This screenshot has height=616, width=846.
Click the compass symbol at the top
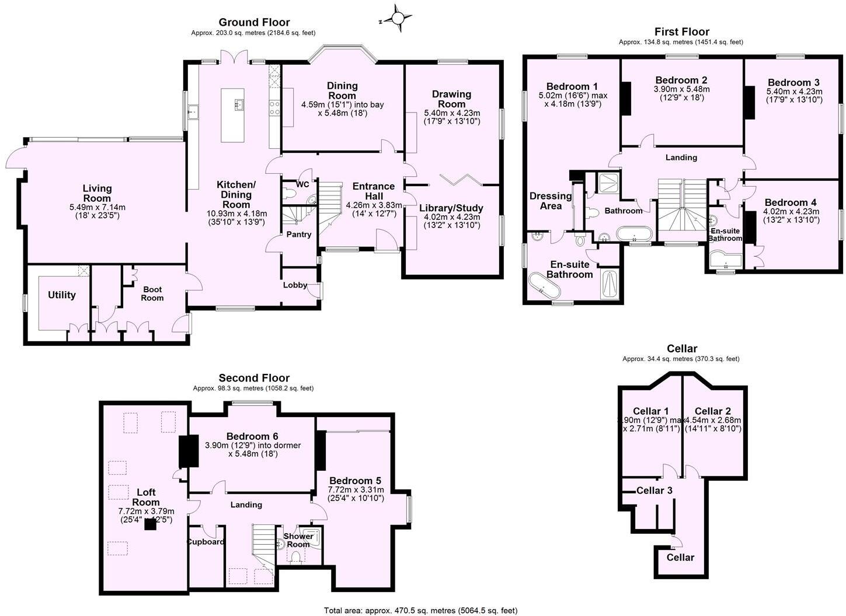398,19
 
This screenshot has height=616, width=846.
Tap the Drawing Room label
451,99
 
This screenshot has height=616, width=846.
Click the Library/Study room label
451,208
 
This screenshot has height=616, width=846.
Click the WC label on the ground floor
302,184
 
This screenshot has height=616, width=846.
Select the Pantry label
298,235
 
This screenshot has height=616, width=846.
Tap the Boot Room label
152,293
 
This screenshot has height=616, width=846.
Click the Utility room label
62,295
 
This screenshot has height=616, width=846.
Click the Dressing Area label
551,201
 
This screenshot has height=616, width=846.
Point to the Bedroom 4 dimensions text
791,215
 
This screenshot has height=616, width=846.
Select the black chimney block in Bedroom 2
626,98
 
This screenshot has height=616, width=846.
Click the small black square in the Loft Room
151,524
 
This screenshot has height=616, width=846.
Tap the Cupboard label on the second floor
205,541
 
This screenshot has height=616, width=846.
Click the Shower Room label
298,540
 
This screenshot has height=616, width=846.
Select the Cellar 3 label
654,490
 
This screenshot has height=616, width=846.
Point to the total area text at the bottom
420,611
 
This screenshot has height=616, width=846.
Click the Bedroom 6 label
252,436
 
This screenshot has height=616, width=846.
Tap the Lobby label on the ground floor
295,285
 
